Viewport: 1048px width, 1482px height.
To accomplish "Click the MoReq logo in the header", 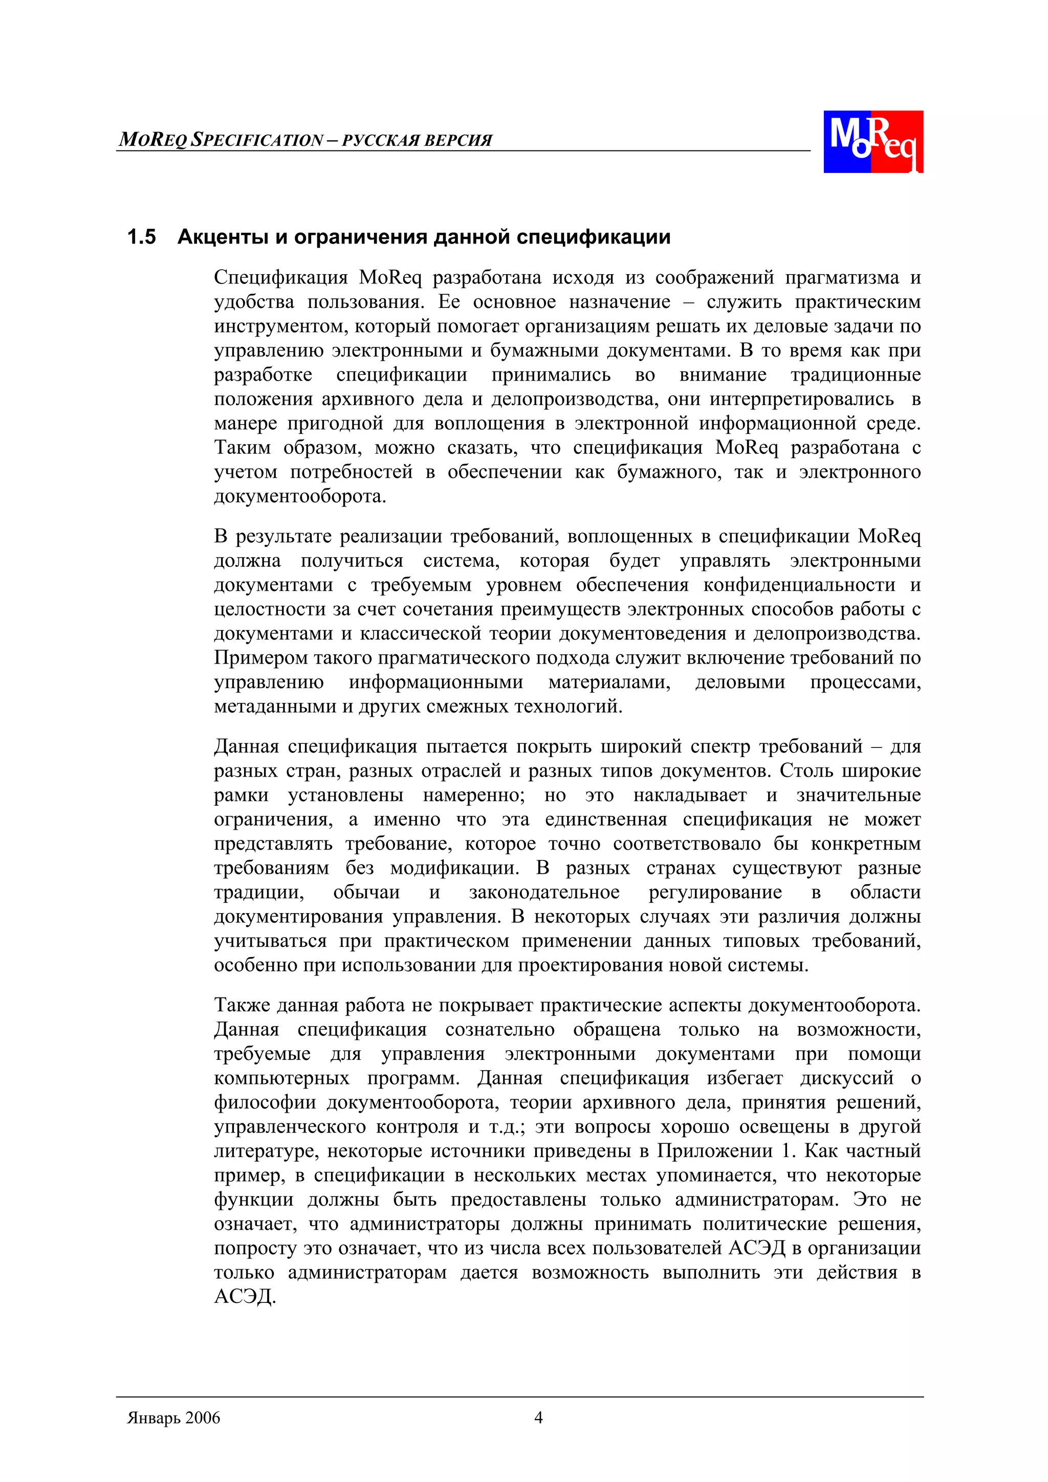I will (872, 141).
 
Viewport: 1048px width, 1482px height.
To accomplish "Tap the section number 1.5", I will (141, 237).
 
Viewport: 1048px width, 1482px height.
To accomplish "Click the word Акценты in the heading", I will (223, 237).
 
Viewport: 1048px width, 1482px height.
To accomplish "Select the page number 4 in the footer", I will (538, 1418).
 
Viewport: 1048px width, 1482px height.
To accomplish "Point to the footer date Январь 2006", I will (173, 1418).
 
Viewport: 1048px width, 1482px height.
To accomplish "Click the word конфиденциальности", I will (799, 585).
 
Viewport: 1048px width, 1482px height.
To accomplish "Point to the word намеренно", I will (474, 795).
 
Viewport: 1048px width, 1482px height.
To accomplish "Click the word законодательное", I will (543, 893).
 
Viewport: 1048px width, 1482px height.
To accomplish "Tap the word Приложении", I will (715, 1151).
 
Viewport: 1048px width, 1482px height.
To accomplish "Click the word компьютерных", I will (281, 1078).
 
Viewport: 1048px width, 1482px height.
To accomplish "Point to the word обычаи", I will (366, 893).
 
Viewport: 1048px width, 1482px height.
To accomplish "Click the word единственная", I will (606, 820).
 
